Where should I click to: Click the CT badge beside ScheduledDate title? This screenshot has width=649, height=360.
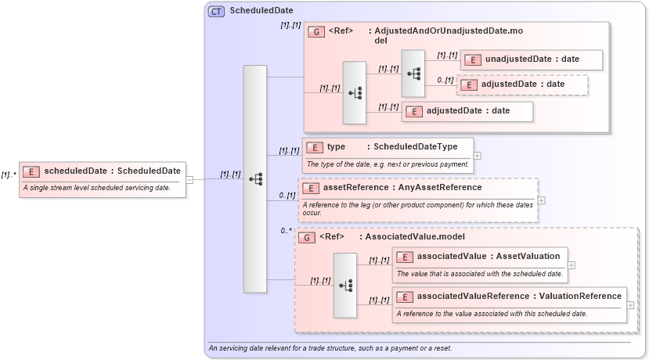[216, 11]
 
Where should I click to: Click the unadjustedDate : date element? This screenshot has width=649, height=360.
[532, 59]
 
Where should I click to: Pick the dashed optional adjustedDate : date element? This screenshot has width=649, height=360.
[522, 84]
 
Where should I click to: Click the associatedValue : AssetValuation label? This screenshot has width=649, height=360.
[489, 256]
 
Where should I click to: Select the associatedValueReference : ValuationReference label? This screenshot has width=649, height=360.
[519, 296]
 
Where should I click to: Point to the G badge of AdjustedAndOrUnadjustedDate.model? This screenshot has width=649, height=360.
[317, 32]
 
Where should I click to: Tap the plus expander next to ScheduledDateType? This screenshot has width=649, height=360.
[478, 155]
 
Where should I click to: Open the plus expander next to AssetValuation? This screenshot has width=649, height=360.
[571, 265]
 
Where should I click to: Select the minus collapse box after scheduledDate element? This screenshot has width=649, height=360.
[189, 179]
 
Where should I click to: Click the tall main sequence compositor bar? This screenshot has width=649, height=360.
[255, 179]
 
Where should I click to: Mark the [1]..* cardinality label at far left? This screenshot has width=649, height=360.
[9, 175]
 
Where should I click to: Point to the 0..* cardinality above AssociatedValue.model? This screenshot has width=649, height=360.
[286, 231]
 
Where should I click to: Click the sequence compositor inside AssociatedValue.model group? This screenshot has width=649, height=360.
[345, 285]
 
